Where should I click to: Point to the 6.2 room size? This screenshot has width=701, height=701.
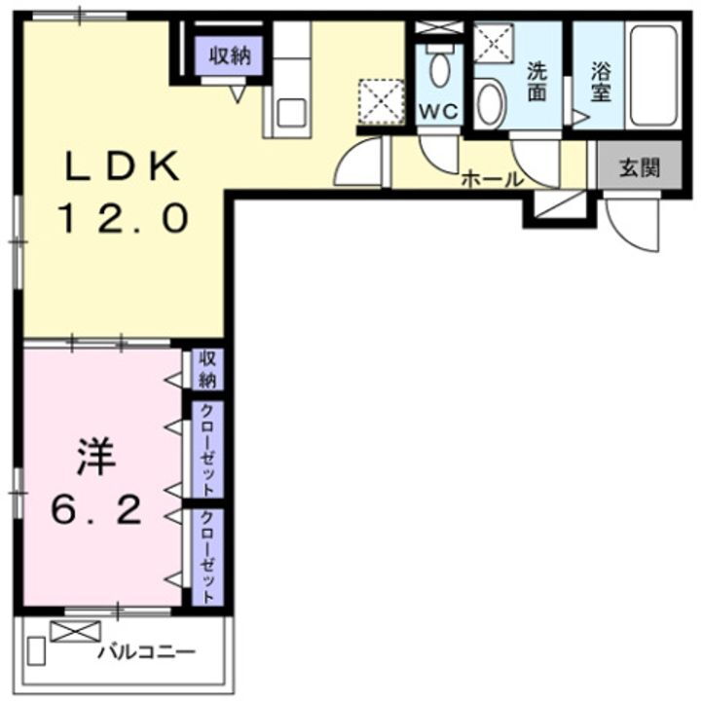[x=100, y=508]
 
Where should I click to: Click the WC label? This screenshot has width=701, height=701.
[x=437, y=111]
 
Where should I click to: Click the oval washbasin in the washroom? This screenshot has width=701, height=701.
[x=490, y=104]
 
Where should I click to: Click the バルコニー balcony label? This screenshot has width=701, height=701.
[x=146, y=650]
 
